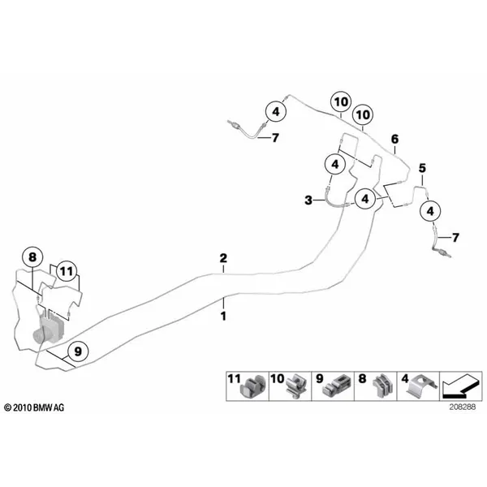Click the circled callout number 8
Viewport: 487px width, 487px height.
pyautogui.click(x=32, y=257)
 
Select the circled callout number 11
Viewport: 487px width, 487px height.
pyautogui.click(x=67, y=272)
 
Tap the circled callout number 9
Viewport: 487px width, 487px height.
pyautogui.click(x=78, y=351)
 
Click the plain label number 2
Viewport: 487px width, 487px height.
pyautogui.click(x=223, y=258)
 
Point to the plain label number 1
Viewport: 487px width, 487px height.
pyautogui.click(x=223, y=317)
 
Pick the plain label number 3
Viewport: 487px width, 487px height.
pyautogui.click(x=308, y=200)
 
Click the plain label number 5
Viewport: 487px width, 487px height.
pyautogui.click(x=422, y=168)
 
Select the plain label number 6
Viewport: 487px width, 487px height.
pyautogui.click(x=394, y=139)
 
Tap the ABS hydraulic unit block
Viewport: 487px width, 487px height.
pyautogui.click(x=49, y=329)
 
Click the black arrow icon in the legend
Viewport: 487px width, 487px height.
pyautogui.click(x=459, y=386)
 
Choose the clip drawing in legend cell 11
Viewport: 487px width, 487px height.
pyautogui.click(x=253, y=388)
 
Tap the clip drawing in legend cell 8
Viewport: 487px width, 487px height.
pyautogui.click(x=381, y=386)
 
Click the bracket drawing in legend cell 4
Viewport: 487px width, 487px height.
pyautogui.click(x=423, y=386)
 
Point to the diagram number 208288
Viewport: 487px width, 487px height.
pyautogui.click(x=462, y=407)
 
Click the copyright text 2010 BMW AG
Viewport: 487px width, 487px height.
pyautogui.click(x=34, y=407)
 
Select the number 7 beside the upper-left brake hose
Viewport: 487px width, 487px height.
pyautogui.click(x=275, y=138)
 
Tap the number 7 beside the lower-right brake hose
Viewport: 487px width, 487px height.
pyautogui.click(x=455, y=238)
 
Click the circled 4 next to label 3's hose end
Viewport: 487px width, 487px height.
pyautogui.click(x=365, y=199)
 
